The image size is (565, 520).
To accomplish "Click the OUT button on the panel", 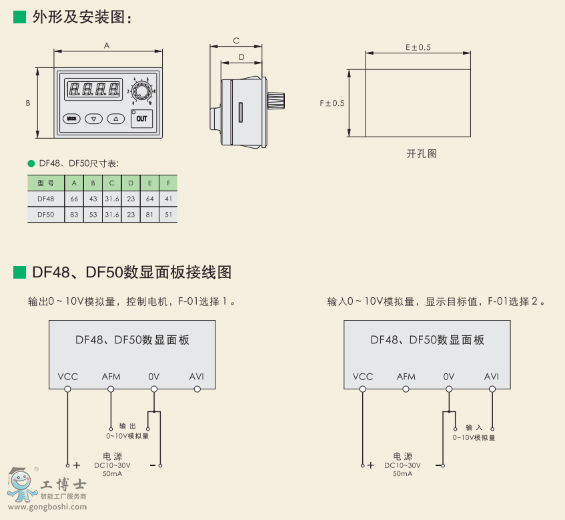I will [x=141, y=119].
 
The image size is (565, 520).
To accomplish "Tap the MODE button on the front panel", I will [x=71, y=119].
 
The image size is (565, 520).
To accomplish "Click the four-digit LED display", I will [x=94, y=88].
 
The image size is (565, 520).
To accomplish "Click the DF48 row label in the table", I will [x=46, y=199].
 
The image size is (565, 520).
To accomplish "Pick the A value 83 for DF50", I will [x=74, y=215].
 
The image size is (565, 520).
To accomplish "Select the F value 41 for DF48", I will [x=168, y=199].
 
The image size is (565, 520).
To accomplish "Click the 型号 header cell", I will [x=46, y=183].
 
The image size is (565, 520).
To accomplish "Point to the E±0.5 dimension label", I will [x=418, y=47].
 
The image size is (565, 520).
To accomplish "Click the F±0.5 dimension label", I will [x=332, y=103].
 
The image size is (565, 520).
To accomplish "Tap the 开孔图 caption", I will [x=422, y=153].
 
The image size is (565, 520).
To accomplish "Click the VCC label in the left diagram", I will [x=67, y=377].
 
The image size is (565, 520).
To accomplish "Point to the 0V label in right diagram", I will [x=449, y=377].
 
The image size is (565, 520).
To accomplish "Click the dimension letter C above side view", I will [x=236, y=41].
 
